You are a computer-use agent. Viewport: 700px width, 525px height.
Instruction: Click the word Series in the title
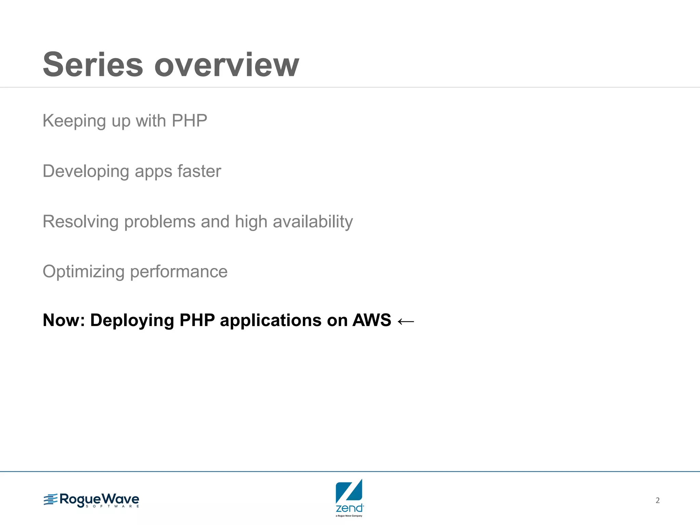(93, 65)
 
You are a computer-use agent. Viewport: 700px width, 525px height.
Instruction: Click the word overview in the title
(227, 65)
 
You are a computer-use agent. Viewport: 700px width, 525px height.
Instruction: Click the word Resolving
(80, 221)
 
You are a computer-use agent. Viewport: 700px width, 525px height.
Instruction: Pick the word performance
(179, 272)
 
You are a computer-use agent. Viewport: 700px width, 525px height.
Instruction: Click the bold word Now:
(64, 320)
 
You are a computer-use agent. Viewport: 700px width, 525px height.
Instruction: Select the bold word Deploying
(132, 321)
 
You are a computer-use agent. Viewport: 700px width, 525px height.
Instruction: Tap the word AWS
(372, 320)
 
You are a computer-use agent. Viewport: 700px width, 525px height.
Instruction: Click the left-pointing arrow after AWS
(406, 321)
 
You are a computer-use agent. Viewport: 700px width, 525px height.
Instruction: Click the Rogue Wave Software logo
(92, 500)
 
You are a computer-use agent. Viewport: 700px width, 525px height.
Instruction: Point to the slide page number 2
(658, 500)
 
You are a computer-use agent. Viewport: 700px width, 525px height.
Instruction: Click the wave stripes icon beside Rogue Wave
(51, 499)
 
